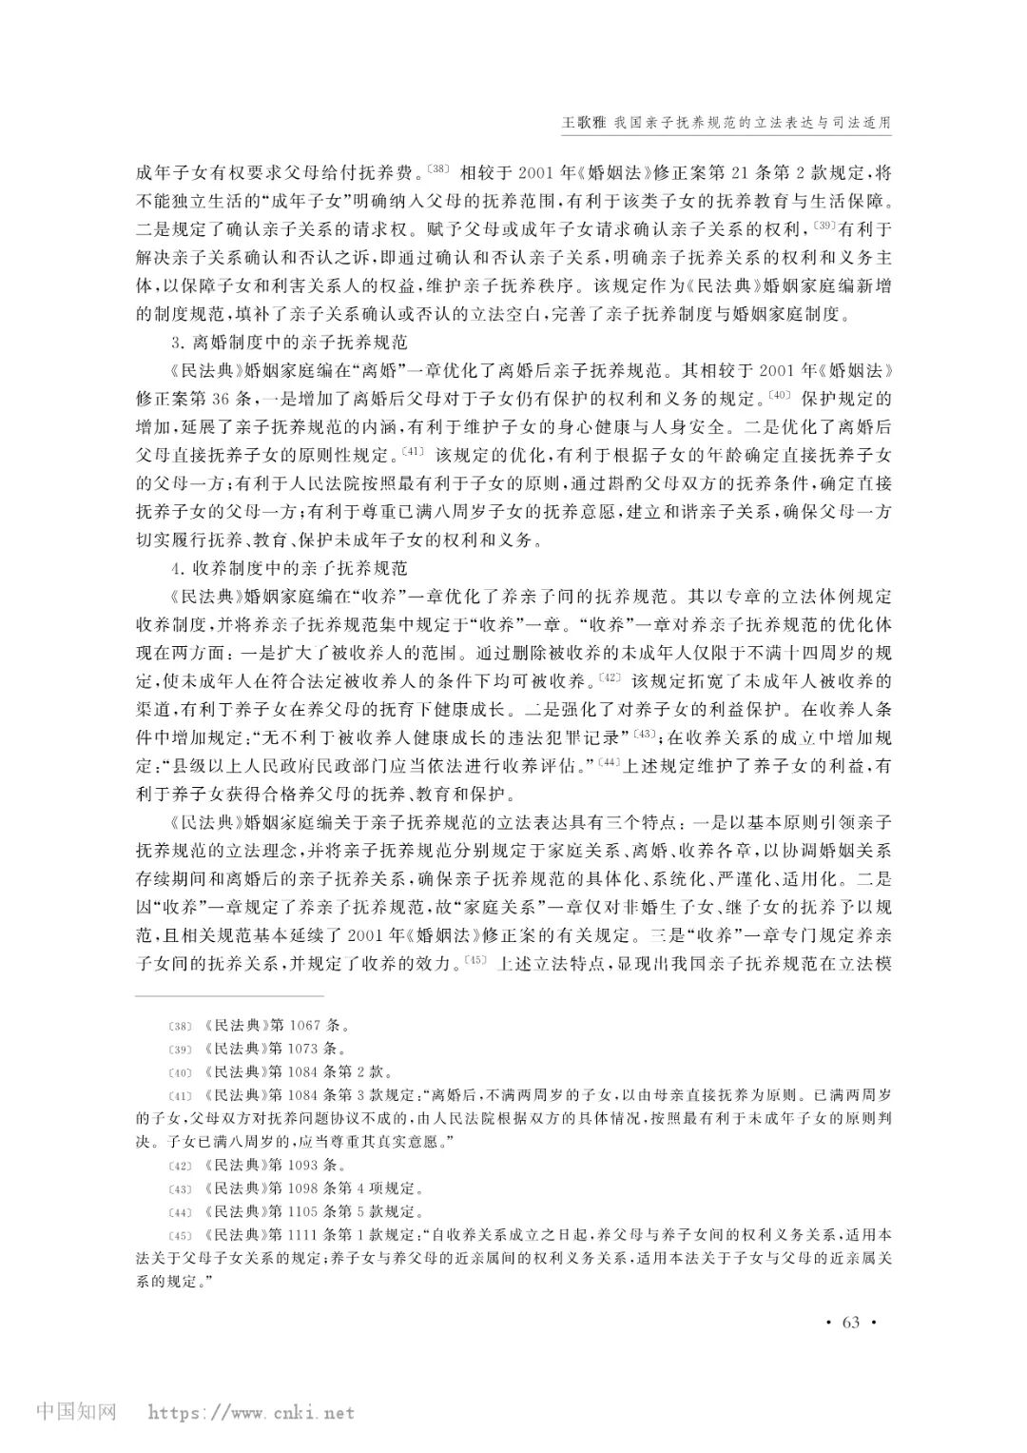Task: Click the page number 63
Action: point(850,1323)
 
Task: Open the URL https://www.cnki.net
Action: point(249,1412)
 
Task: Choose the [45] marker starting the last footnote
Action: point(178,1235)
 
